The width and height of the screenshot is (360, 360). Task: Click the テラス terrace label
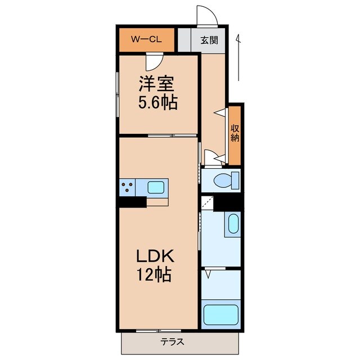(x=172, y=341)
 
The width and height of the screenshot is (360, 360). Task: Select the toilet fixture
(x=228, y=181)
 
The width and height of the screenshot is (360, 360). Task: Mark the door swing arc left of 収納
(x=210, y=157)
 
